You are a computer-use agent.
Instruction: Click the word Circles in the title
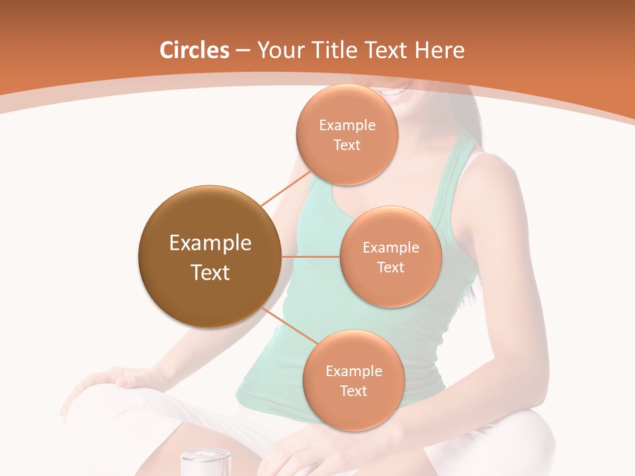click(x=194, y=50)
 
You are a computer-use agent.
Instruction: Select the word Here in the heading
click(x=440, y=50)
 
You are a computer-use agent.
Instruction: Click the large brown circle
click(x=210, y=257)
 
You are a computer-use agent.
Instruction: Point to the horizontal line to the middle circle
click(x=311, y=257)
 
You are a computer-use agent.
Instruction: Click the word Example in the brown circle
click(x=210, y=243)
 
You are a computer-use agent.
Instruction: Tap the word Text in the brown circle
click(x=210, y=272)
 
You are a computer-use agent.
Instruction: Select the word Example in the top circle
click(x=347, y=125)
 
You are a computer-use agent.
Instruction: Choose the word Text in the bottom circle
click(x=353, y=391)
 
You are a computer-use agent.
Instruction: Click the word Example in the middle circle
click(x=391, y=247)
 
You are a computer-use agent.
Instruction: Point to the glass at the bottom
click(x=206, y=463)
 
